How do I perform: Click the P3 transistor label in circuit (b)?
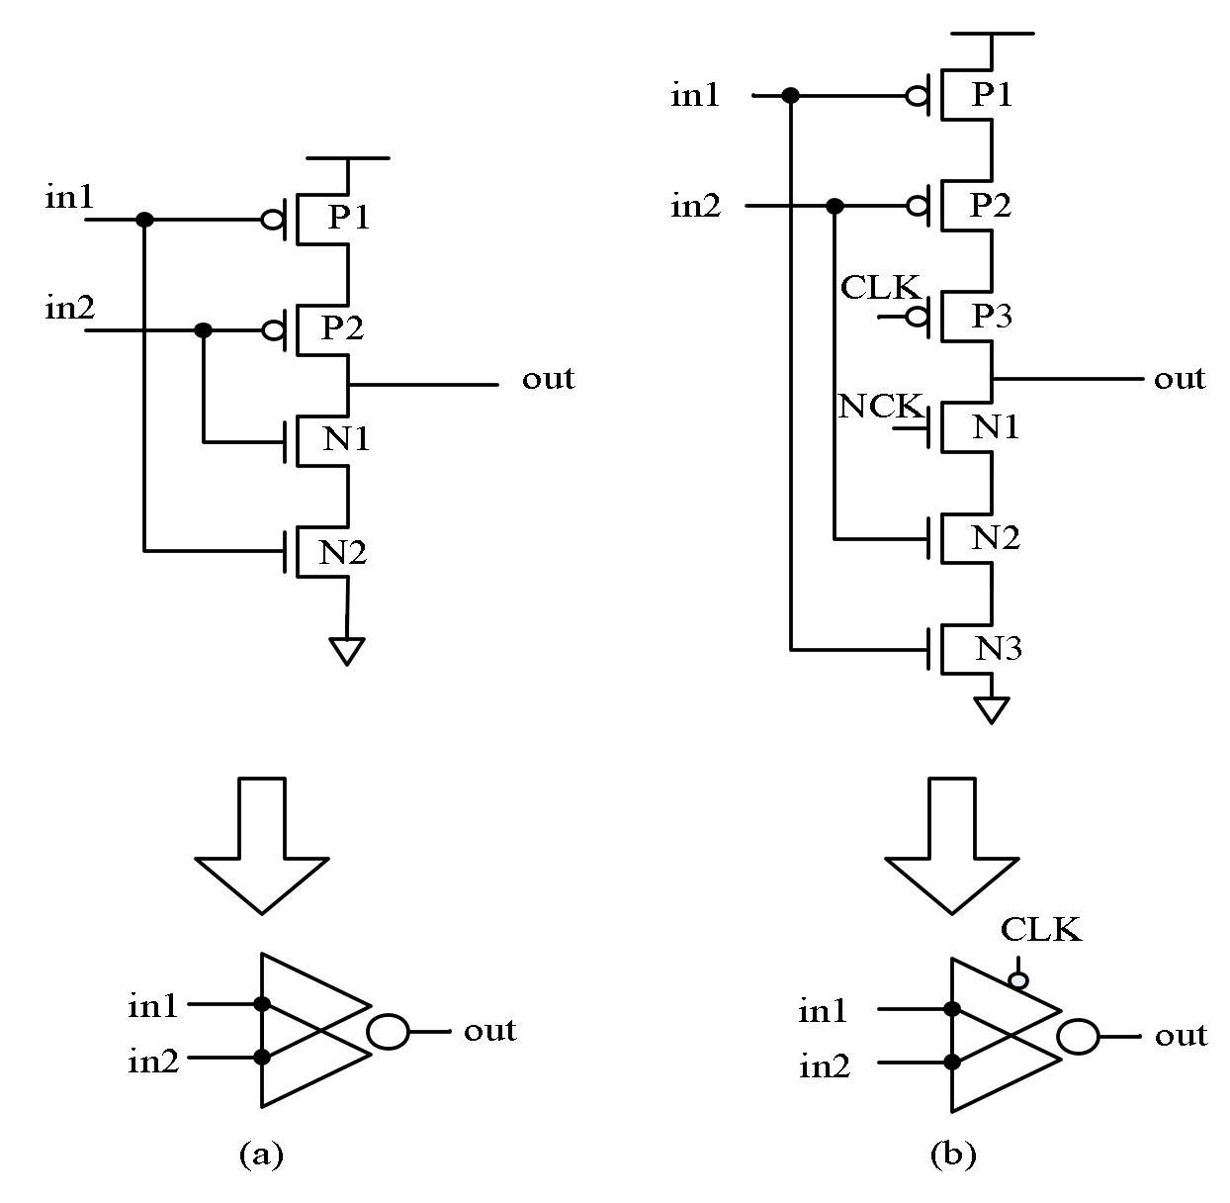point(992,317)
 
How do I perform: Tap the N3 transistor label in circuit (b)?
point(999,649)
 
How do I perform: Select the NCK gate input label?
point(880,406)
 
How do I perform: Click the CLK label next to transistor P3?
point(880,287)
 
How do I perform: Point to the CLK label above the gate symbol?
point(1040,930)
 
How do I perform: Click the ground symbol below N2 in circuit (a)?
point(347,650)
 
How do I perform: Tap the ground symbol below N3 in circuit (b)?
point(991,709)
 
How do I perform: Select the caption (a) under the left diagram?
point(261,1154)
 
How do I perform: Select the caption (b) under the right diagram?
point(952,1154)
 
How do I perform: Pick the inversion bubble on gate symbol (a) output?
point(388,1032)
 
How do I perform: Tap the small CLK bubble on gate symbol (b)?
point(1017,980)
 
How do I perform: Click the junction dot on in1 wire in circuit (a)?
point(144,219)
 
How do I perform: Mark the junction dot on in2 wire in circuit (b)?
point(835,206)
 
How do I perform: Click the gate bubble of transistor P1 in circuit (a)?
point(272,219)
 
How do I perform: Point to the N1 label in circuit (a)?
point(346,438)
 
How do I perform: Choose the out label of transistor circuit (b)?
point(1180,379)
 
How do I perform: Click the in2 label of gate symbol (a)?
point(153,1062)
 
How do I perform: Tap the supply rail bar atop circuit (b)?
point(991,33)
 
